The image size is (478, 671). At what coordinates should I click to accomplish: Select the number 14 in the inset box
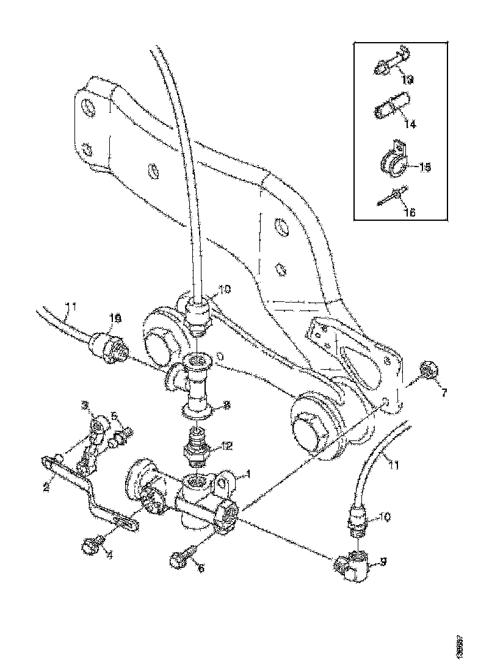(410, 124)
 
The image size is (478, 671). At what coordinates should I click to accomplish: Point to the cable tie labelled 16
(393, 196)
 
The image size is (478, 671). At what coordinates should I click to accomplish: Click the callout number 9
(383, 563)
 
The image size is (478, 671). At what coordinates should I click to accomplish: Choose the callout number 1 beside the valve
(248, 474)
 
